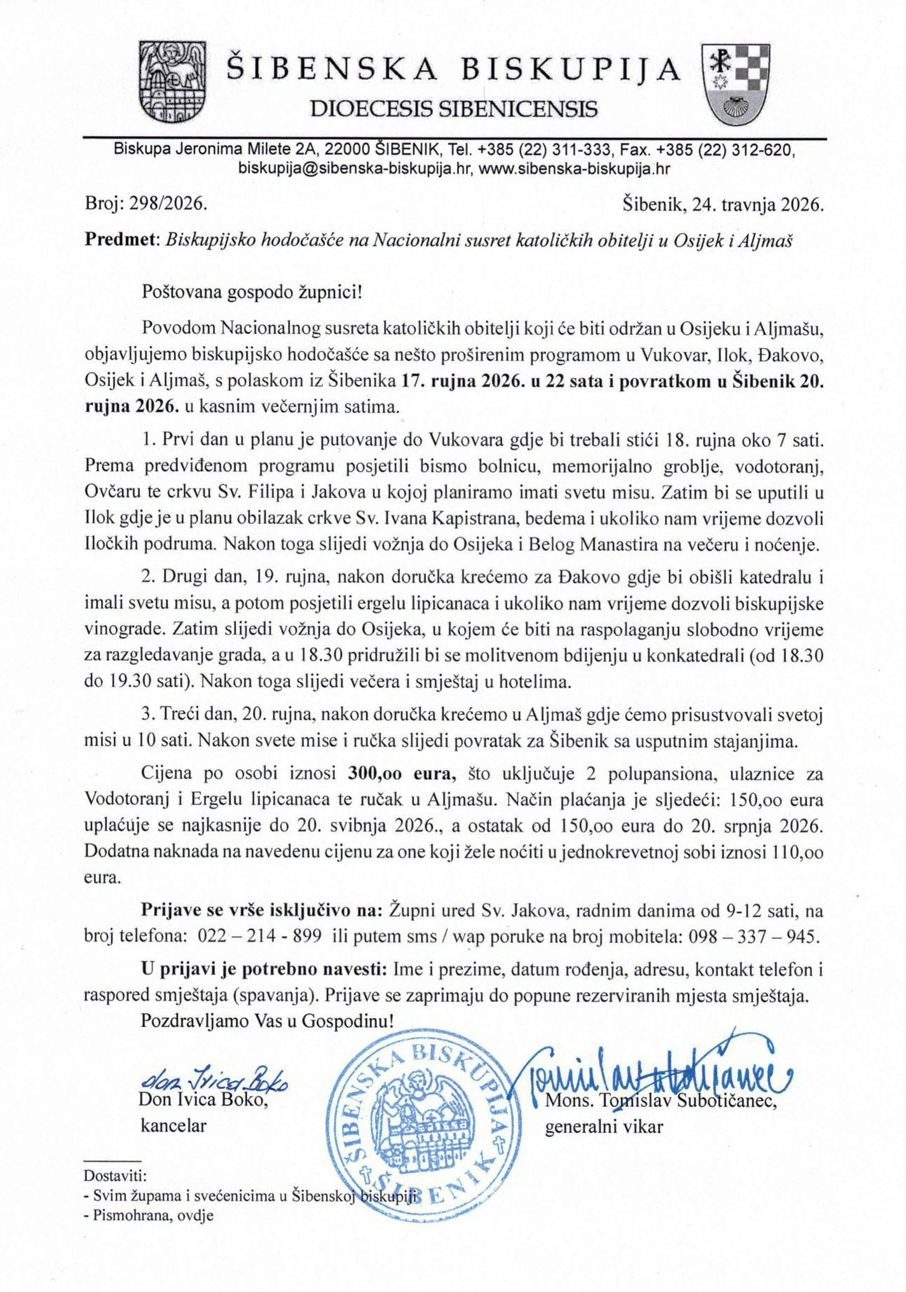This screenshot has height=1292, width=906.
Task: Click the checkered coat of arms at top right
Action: coord(735,83)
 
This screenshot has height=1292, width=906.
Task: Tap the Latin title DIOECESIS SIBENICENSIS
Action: coord(453,109)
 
